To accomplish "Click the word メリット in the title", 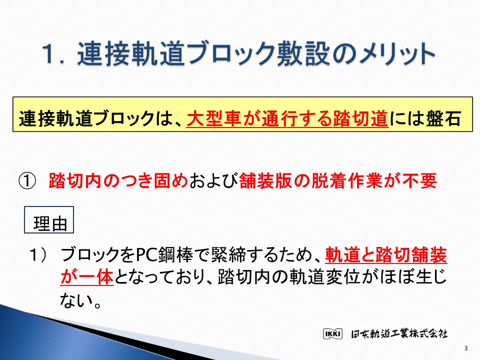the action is click(396, 54).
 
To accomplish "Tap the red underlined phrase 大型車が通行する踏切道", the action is click(287, 118).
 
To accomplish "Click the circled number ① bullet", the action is click(27, 181).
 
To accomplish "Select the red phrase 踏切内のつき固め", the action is click(118, 181).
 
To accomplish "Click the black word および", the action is click(213, 181).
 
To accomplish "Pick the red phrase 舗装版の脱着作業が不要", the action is click(338, 181).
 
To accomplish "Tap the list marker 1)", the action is click(38, 254).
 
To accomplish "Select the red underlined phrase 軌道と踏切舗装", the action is click(386, 254).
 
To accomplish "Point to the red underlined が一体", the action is click(87, 277).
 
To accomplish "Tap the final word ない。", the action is click(80, 300).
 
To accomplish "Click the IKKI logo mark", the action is click(332, 333).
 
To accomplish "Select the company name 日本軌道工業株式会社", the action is click(399, 333).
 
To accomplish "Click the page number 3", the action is click(466, 348).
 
